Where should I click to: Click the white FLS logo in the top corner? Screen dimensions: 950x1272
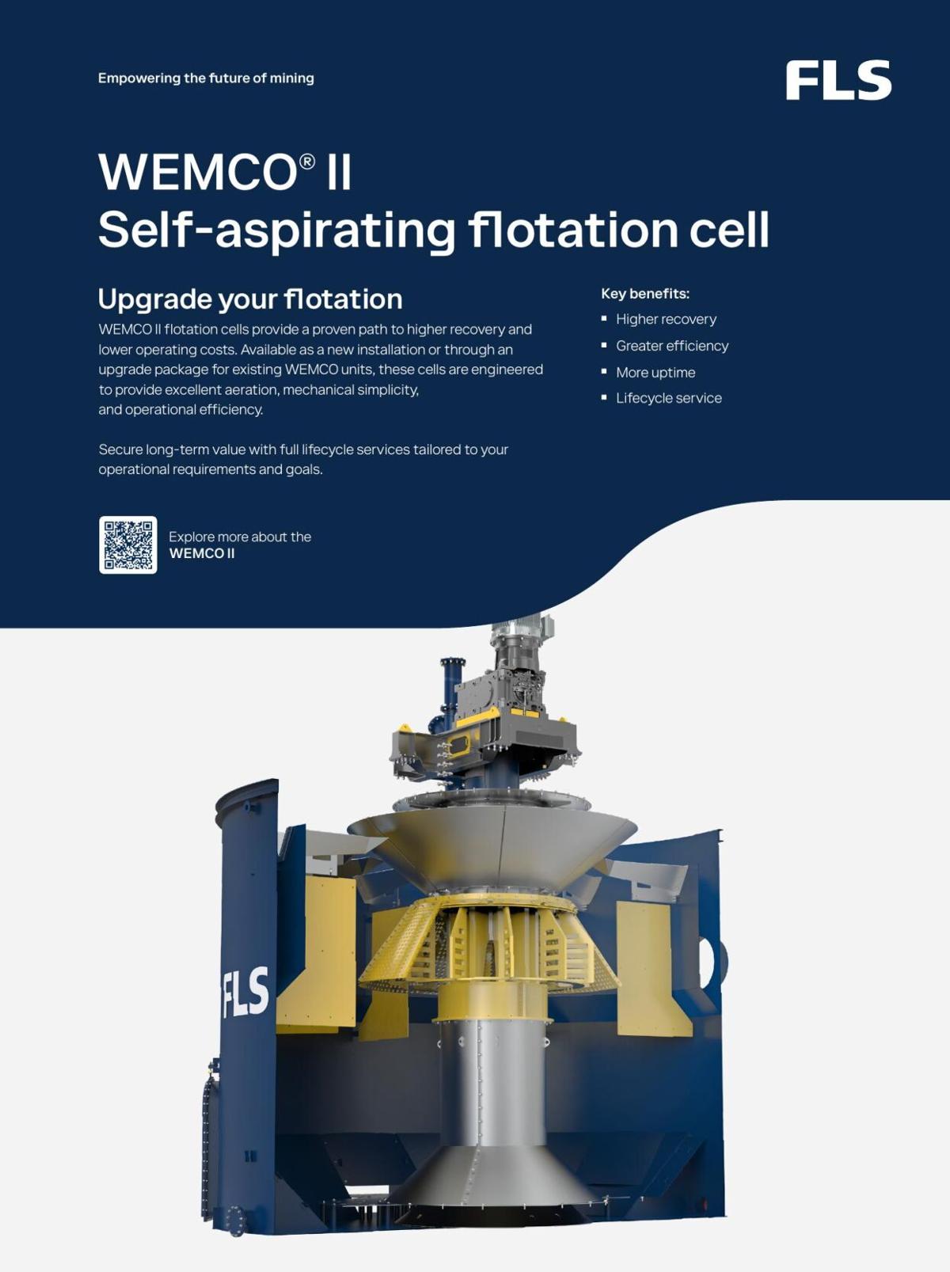(x=838, y=80)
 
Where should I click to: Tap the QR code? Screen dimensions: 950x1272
(x=128, y=545)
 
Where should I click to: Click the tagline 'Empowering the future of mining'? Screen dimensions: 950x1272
(x=206, y=78)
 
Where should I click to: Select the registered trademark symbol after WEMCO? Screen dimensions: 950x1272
(x=307, y=161)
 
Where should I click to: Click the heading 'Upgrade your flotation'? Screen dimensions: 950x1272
(x=250, y=300)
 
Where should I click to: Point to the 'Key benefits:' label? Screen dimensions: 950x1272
(x=645, y=294)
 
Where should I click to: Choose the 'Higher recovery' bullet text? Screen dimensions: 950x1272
(x=666, y=319)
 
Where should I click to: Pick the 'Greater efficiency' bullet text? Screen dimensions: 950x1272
(x=672, y=346)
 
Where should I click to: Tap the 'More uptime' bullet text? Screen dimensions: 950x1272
(x=655, y=373)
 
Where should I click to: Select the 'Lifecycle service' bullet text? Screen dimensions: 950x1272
(x=669, y=398)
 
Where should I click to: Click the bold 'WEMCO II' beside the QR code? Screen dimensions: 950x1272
(x=202, y=553)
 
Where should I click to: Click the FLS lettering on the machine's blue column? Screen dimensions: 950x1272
(x=245, y=991)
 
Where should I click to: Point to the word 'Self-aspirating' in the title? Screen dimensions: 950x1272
(x=276, y=230)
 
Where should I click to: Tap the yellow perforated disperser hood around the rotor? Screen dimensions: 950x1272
(x=490, y=942)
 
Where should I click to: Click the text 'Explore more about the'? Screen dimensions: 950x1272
(x=240, y=537)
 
